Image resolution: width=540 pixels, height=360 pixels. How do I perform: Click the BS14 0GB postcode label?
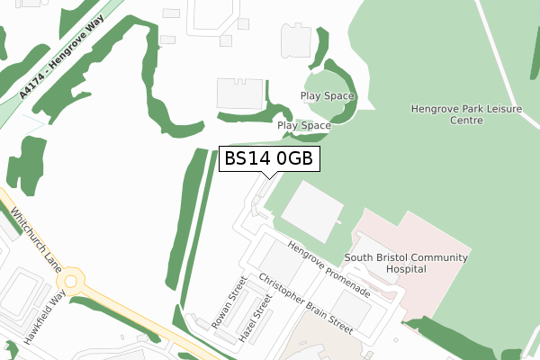click(x=269, y=159)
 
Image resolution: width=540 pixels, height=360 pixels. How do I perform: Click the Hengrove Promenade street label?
click(x=329, y=269)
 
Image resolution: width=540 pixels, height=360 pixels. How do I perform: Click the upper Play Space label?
click(x=328, y=96)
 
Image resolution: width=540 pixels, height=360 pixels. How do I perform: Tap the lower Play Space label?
click(x=304, y=126)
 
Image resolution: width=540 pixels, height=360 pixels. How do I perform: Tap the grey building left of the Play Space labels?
click(x=239, y=94)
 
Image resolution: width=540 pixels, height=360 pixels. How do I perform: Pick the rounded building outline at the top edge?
click(x=298, y=38)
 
